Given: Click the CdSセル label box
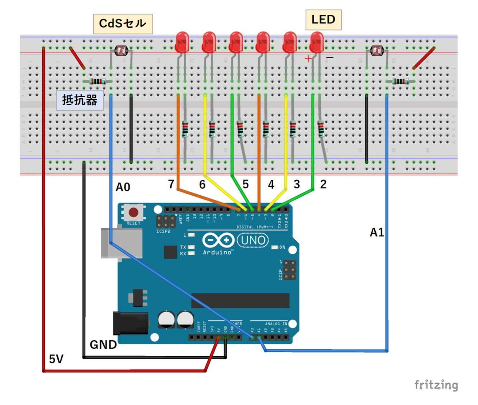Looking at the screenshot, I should point(123,24).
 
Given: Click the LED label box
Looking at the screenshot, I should point(323,20).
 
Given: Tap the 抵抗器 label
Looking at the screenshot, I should point(80,100).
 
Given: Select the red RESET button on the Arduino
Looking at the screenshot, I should point(133,213).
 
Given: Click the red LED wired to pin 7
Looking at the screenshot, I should point(182,42).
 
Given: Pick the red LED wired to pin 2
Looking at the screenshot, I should point(317,42).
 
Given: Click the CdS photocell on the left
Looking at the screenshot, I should point(120,51).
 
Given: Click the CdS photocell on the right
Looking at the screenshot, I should point(376,51).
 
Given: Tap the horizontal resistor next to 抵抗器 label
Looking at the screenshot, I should point(97,82).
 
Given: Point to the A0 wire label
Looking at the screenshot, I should point(123,187).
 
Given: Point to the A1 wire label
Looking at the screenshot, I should point(377,233).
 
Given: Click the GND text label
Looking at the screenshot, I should point(103,345).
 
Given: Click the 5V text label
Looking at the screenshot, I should point(56,359).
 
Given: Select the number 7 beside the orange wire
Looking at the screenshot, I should point(171,184).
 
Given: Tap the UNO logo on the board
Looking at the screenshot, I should point(253,240).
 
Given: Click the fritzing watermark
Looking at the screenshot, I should point(436,385).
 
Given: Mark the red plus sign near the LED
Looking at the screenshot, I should point(308,59).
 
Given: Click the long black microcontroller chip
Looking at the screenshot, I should point(240,301).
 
